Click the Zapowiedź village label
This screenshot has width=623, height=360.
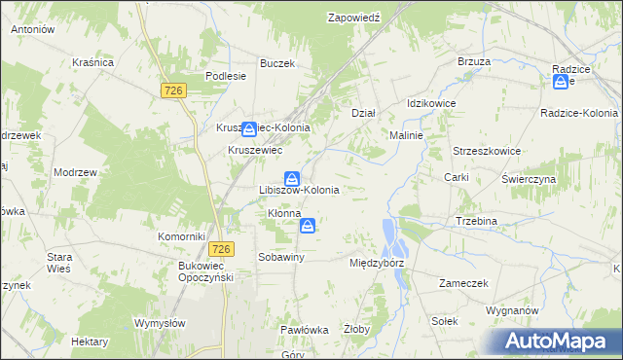point(353,18)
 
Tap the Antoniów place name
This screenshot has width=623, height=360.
point(32,30)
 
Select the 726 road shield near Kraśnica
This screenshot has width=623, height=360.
point(173,90)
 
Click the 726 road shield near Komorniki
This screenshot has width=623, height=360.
point(222,249)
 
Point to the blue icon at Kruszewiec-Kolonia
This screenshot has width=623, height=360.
point(250,127)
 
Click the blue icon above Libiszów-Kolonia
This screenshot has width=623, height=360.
point(291,178)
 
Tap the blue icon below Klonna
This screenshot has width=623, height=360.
point(308,227)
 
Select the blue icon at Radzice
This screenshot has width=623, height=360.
point(561,83)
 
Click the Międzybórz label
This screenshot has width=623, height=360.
point(377,263)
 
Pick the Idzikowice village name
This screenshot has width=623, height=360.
point(431,103)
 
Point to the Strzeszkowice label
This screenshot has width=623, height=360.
point(488,152)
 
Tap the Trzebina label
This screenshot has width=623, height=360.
point(477,221)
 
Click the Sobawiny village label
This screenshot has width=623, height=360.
point(281,257)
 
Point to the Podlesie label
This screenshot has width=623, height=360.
point(224,76)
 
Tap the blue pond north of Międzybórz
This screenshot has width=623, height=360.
point(389,233)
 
